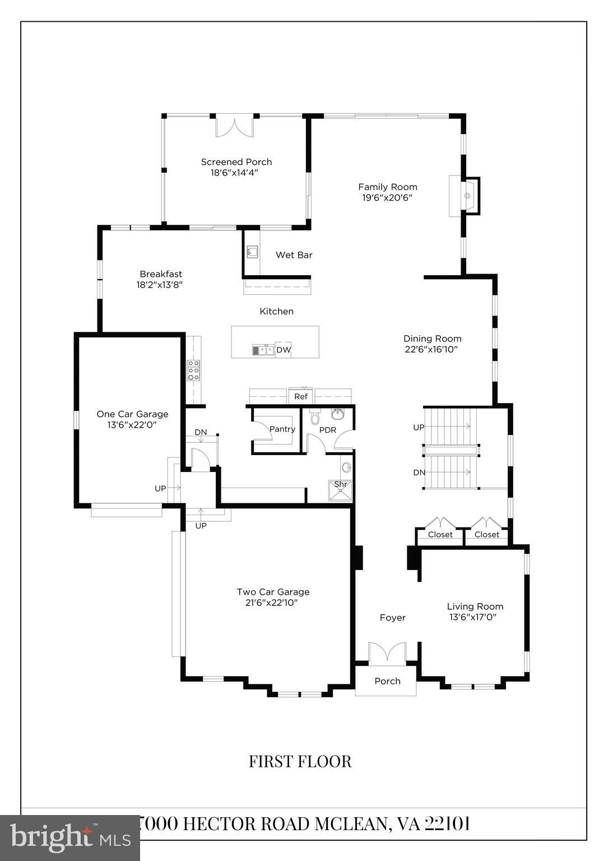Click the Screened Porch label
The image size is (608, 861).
pos(236,162)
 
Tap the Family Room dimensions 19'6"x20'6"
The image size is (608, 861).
pos(387,198)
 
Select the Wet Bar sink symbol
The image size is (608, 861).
pos(252,252)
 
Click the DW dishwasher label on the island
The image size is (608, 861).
pos(284,350)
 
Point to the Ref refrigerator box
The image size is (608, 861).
pos(301,396)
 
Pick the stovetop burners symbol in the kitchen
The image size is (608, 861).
pos(193,371)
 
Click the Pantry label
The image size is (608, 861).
pos(282,429)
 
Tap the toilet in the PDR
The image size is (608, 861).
pos(314,418)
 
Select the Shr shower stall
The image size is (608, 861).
pos(340,489)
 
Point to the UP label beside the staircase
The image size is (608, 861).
pos(419,427)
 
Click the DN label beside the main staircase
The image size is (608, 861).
pos(419,473)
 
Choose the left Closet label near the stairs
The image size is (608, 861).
pos(440,535)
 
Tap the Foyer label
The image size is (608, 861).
pos(392,618)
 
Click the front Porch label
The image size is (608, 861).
pos(387,681)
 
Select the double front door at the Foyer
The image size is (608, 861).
pos(387,654)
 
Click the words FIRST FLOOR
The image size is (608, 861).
pos(300,762)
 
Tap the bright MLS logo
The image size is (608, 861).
pos(70,837)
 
